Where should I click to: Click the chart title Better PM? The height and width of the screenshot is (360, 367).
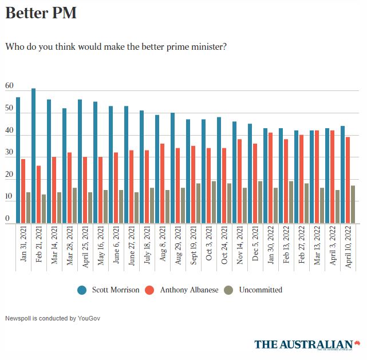pos(41,13)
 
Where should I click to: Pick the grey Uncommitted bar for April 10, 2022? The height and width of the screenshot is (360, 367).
pos(353,204)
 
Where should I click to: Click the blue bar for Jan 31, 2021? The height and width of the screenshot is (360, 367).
pos(18,160)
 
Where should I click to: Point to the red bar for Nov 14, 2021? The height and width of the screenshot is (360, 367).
pos(239,181)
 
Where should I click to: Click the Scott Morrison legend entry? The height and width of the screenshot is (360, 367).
pos(109,290)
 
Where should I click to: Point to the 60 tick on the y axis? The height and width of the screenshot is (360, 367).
pos(9,86)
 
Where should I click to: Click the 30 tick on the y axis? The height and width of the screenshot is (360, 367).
pos(9,153)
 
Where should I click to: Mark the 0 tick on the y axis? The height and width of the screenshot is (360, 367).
pos(7,219)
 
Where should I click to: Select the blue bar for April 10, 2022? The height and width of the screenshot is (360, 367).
pos(342,175)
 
